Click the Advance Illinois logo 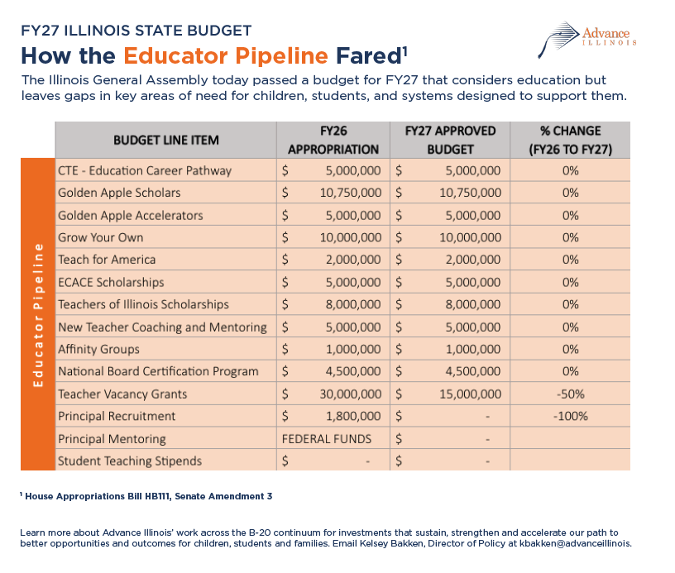[587, 40]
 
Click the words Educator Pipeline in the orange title [226, 56]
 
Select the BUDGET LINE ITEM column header [166, 141]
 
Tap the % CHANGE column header [571, 141]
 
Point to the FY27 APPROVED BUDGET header [450, 141]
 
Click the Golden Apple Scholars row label [119, 193]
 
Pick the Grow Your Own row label [101, 237]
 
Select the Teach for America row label [107, 260]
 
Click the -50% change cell [571, 394]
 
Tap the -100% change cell [571, 417]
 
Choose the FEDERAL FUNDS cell [326, 439]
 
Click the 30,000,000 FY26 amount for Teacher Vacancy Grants [351, 394]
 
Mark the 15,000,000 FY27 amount [470, 394]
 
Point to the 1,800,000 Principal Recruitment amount [353, 417]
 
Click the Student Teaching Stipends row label [130, 461]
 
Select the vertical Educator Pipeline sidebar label [38, 315]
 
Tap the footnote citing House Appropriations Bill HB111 [146, 496]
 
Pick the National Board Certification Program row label [159, 372]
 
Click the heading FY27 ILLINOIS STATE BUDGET [136, 31]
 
